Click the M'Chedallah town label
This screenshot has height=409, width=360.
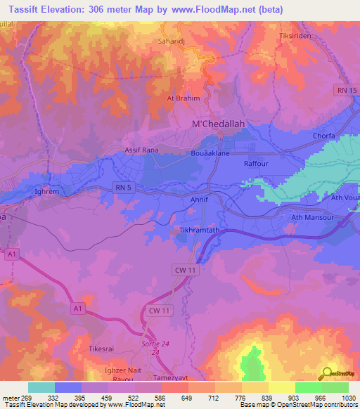click(x=218, y=124)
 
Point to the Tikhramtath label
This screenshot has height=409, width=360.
click(x=200, y=231)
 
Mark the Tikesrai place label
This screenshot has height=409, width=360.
click(x=102, y=349)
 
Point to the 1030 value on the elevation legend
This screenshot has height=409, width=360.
click(x=347, y=398)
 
